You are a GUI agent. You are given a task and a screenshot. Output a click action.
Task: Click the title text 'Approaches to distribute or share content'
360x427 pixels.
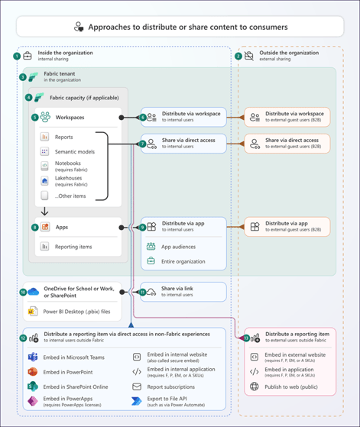click(188, 27)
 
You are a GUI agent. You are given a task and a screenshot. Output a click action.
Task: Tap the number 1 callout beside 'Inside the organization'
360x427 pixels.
click(17, 56)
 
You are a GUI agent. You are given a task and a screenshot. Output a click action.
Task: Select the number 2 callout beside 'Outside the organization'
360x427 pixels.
click(238, 56)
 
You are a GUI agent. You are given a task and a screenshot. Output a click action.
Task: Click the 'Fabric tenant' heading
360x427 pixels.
click(60, 74)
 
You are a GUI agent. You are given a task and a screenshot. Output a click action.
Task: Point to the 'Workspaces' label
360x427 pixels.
click(70, 118)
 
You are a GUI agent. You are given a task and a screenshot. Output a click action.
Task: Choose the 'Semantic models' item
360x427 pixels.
click(74, 152)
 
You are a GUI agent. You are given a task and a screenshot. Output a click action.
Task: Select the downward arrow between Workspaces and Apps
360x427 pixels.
click(45, 212)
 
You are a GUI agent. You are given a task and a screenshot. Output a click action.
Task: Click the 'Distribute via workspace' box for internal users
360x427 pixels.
click(183, 117)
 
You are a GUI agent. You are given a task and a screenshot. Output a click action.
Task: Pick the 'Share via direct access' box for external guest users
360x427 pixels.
click(287, 143)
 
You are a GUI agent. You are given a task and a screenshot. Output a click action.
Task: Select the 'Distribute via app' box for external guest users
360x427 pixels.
click(287, 227)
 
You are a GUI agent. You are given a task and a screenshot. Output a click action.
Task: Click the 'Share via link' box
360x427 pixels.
click(183, 292)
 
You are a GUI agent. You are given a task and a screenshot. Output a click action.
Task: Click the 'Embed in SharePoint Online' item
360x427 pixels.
click(75, 387)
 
